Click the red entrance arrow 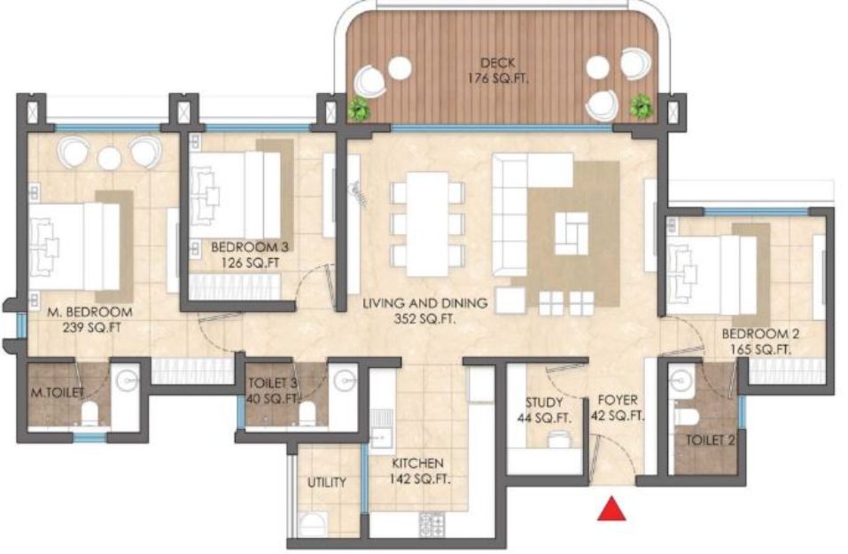coord(611,509)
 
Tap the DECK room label coord(498,63)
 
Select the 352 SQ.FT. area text coord(425,319)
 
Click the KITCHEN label coord(417,463)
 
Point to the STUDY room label coord(544,402)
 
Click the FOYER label coord(618,401)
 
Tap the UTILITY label coord(327,482)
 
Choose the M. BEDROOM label coord(89,312)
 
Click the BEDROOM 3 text coord(249,247)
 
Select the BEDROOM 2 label coord(760,334)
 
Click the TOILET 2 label coord(710,441)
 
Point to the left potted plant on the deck coord(359,109)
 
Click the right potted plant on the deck coord(642,105)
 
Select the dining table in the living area coord(427,224)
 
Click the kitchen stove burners coord(432,524)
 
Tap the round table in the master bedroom coord(109,158)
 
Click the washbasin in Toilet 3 coord(345,381)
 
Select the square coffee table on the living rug coord(572,233)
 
